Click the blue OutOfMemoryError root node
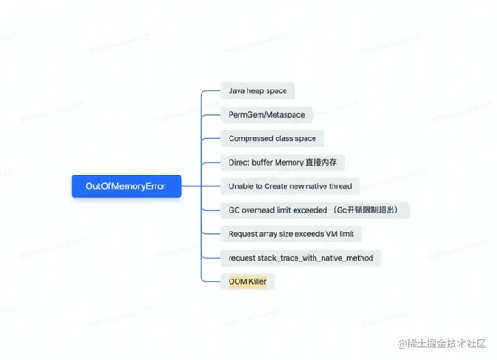[126, 187]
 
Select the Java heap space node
[258, 91]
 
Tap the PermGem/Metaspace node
[267, 115]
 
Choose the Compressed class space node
[272, 139]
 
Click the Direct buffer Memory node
[283, 163]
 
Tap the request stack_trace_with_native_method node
[301, 258]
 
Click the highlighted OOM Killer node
[247, 281]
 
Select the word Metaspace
[286, 115]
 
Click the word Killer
[257, 281]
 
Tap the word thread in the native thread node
[339, 186]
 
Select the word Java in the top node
[238, 91]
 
